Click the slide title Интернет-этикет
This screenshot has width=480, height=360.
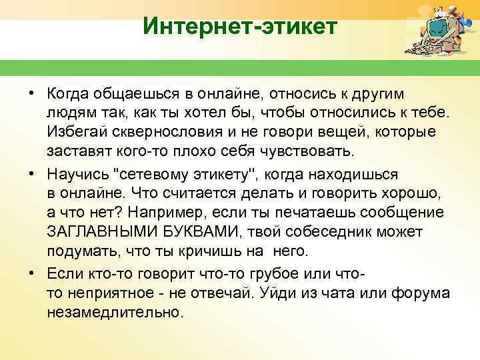point(241,27)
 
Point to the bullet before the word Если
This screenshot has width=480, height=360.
point(31,274)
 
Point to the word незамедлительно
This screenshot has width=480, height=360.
point(113,311)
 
